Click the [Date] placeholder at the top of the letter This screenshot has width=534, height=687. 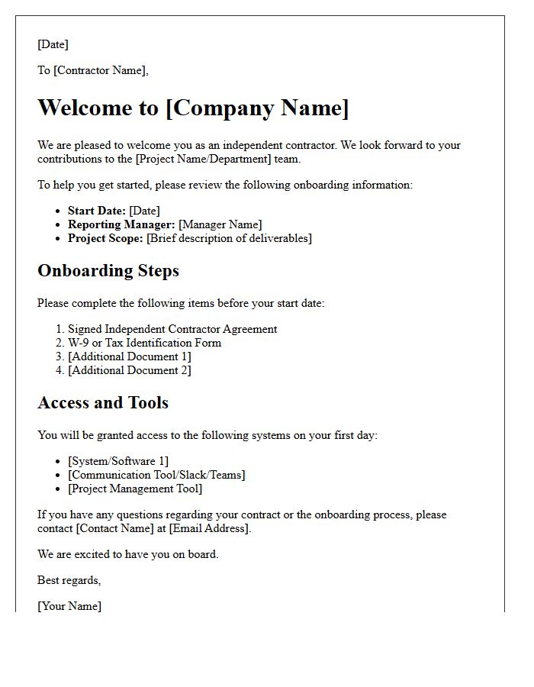coord(53,44)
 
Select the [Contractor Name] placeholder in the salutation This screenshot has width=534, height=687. coord(100,70)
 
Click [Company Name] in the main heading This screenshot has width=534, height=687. coord(257,108)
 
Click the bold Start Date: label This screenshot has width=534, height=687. coord(97,211)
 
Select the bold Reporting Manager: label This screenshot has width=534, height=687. coord(121,224)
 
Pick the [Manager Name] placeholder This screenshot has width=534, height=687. coord(220,224)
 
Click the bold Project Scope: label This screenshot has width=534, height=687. coord(105,238)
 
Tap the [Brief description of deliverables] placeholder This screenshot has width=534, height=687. coord(229,238)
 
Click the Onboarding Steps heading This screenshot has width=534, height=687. coord(108,271)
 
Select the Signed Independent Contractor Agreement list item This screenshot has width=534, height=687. coord(172,329)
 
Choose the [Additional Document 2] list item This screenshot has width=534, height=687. coord(130,370)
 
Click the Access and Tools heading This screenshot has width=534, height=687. coord(103,403)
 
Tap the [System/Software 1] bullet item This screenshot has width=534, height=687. coord(118,461)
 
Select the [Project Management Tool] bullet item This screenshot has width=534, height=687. coord(135,489)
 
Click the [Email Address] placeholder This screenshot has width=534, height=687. coord(210,528)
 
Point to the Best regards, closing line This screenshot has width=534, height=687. coord(69,580)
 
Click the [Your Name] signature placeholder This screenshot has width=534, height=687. coord(69,606)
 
